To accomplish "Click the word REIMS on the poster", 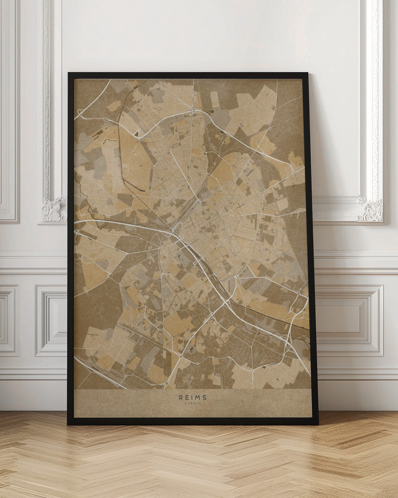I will pyautogui.click(x=193, y=397).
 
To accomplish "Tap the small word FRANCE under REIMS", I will pyautogui.click(x=193, y=404).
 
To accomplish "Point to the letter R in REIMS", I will pyautogui.click(x=181, y=397).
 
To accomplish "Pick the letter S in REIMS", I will pyautogui.click(x=204, y=397).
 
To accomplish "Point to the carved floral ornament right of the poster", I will pyautogui.click(x=370, y=210).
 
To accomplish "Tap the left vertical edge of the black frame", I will pyautogui.click(x=71, y=249).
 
